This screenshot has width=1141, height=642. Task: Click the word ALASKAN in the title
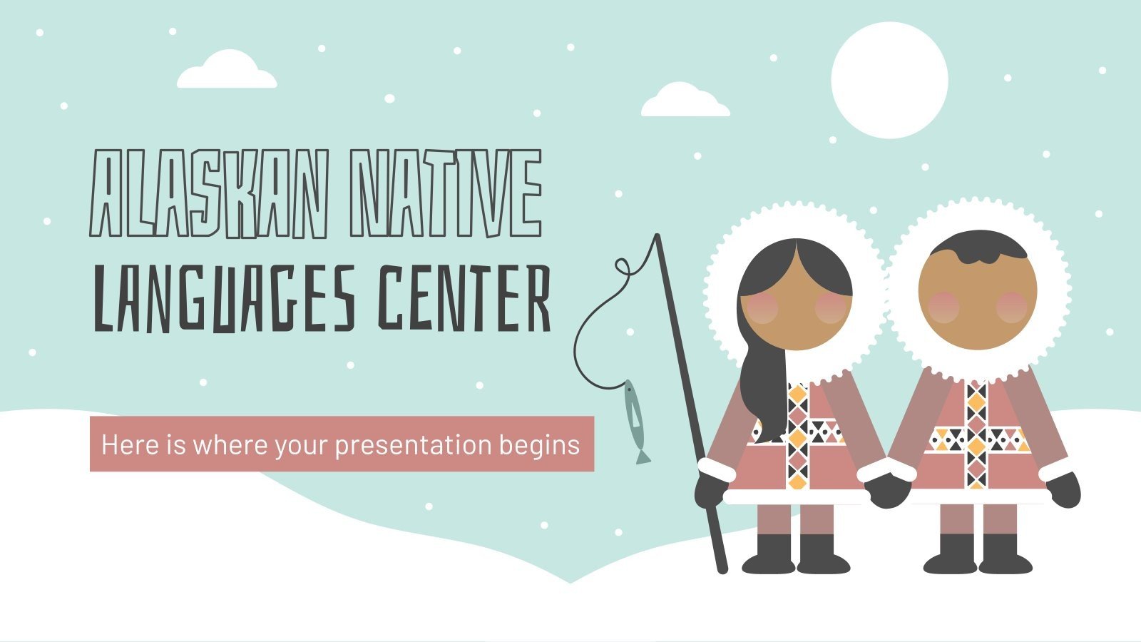[209, 193]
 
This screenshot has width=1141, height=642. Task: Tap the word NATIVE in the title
[446, 193]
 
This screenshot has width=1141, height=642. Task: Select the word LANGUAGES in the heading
[224, 299]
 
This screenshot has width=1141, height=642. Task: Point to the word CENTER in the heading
[464, 297]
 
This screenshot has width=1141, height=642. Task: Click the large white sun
[889, 80]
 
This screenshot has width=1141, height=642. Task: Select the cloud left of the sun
[685, 101]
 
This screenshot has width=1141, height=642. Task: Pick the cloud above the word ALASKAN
[227, 70]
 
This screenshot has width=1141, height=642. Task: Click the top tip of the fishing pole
[657, 235]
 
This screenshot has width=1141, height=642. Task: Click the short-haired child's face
[978, 300]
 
